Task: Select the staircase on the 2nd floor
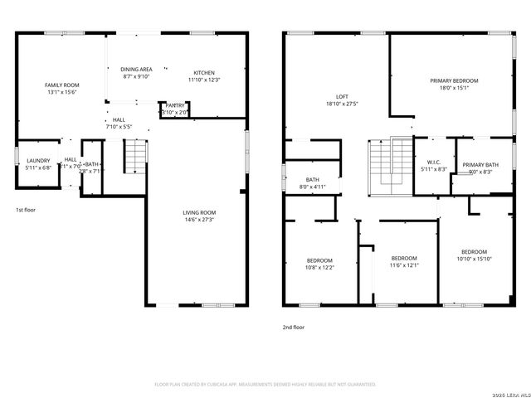391,162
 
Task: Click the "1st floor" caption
26,210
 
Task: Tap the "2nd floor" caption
294,328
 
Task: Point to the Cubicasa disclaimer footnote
265,385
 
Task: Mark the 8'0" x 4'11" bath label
313,183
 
